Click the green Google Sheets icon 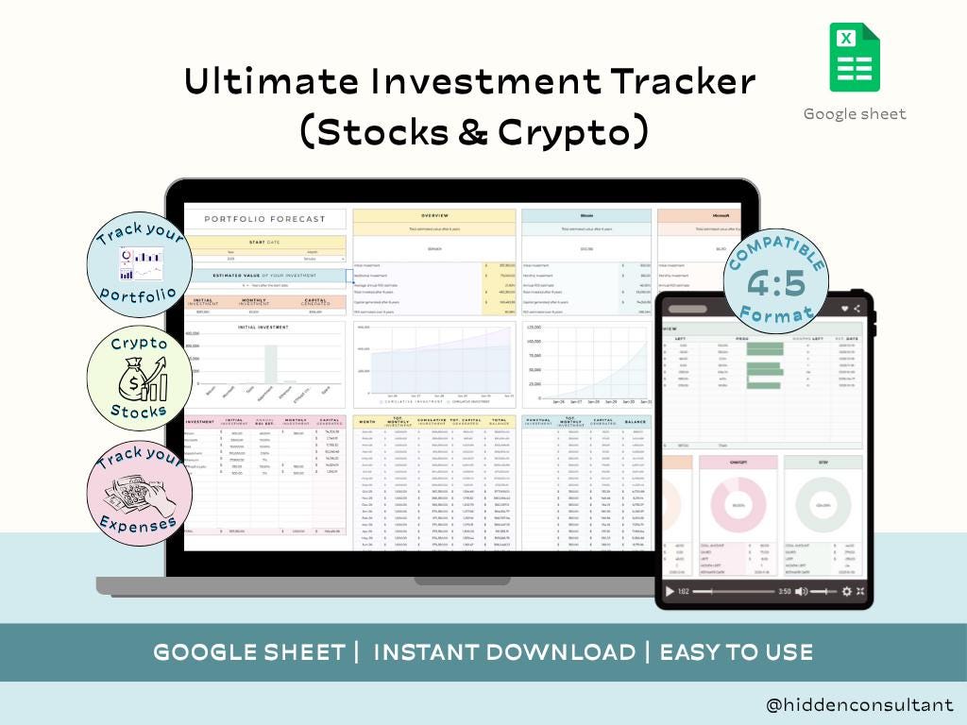[855, 59]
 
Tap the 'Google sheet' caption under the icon [855, 114]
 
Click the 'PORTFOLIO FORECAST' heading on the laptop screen [265, 219]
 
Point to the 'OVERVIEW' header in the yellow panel [434, 215]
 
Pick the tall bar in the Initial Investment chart [271, 362]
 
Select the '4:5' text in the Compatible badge [776, 283]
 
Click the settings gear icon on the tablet [846, 592]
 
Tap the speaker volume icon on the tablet [801, 592]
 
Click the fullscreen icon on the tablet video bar [860, 592]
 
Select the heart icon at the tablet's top [845, 309]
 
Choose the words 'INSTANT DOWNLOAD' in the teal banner [504, 652]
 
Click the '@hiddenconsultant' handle [860, 705]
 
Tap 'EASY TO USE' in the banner [737, 652]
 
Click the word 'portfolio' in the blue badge [139, 294]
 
